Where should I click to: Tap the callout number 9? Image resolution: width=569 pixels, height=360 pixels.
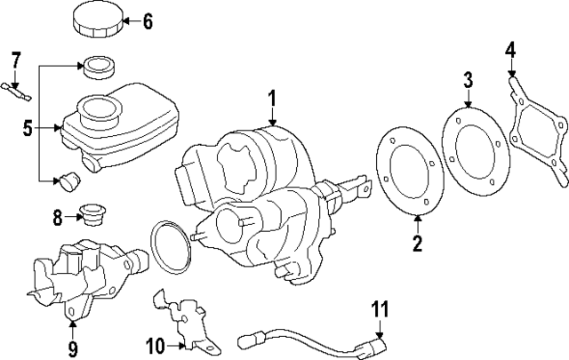[x=73, y=347]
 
